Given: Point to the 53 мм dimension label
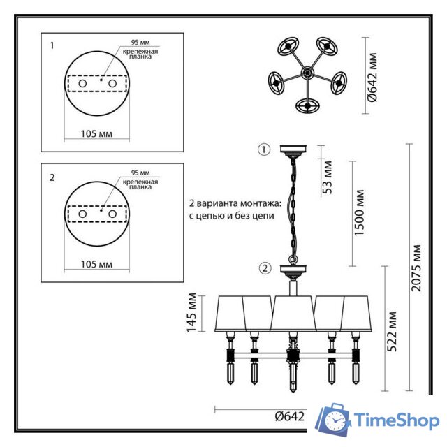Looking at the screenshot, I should click(x=328, y=178).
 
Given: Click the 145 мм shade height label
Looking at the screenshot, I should click(x=193, y=309).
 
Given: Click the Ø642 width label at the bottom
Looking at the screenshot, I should click(x=289, y=416).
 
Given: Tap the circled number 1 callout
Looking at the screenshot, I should click(x=263, y=149).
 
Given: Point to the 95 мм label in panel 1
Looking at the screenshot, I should click(x=140, y=42).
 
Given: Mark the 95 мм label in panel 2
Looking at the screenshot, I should click(x=140, y=173).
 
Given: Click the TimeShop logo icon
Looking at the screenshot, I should click(x=334, y=420).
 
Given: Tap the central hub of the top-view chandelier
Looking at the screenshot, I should click(x=306, y=72).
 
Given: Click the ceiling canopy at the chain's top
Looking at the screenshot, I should click(x=293, y=150).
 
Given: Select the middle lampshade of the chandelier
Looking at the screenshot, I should click(x=291, y=313).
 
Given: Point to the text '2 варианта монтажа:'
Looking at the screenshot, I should click(x=235, y=203).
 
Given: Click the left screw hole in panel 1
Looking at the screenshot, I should click(x=82, y=83).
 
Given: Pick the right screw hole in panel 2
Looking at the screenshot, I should click(x=112, y=214).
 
